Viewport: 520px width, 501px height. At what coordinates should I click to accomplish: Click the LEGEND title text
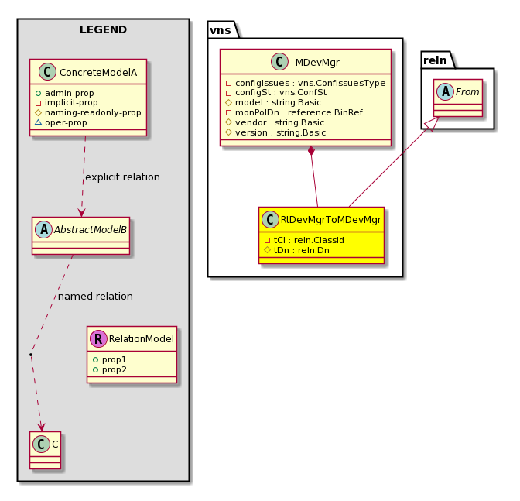click(103, 29)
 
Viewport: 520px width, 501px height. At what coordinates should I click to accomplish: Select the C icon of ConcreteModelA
click(47, 72)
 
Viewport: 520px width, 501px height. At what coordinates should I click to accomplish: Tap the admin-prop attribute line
click(65, 93)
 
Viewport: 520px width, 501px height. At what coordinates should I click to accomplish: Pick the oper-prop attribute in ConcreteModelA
click(61, 122)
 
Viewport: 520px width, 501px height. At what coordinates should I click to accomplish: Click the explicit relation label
click(122, 177)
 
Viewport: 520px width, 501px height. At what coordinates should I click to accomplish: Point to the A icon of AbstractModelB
click(43, 230)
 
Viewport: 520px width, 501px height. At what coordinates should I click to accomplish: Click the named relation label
click(95, 296)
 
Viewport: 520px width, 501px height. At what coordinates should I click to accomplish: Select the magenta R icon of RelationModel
click(98, 338)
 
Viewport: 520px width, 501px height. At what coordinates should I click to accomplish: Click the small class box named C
click(45, 450)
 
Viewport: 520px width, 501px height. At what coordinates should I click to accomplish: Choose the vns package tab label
click(221, 30)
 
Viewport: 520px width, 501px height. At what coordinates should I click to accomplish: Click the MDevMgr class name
click(317, 63)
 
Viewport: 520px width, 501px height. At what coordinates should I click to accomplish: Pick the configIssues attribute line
click(306, 83)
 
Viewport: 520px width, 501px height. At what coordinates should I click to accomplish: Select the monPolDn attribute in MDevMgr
click(294, 112)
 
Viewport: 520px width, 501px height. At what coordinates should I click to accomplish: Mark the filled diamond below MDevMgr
click(311, 151)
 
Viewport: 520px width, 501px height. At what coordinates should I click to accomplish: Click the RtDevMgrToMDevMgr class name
click(331, 220)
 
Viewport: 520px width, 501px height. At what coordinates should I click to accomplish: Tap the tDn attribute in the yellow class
click(297, 250)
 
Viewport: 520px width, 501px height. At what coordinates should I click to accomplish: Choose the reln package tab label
click(435, 60)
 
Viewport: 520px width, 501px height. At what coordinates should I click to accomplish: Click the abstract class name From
click(467, 91)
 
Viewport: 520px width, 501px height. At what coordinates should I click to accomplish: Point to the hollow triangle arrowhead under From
click(433, 123)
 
